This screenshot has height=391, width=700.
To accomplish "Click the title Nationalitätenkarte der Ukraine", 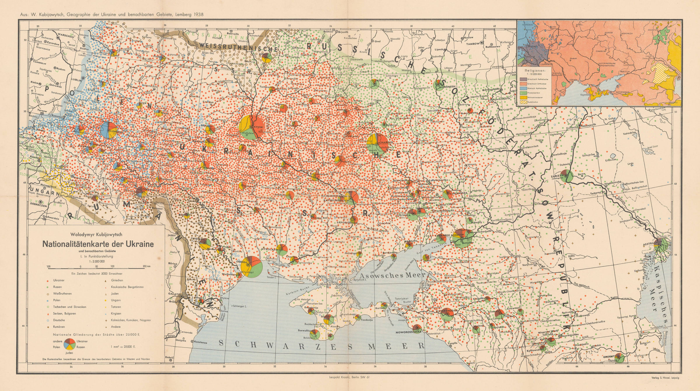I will [98, 244].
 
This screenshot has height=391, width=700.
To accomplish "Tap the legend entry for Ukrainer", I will [59, 280].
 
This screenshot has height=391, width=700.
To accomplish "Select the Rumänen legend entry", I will [59, 327].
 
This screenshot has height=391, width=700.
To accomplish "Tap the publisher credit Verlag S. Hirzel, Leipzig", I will [665, 377].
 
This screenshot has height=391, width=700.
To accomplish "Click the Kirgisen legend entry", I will [116, 313].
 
